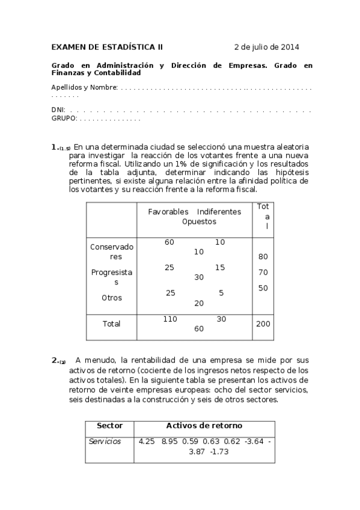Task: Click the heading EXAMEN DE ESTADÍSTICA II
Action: [107, 47]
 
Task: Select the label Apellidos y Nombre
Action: [84, 87]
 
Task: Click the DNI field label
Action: [58, 111]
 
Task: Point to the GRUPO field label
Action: [64, 118]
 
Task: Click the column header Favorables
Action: [168, 212]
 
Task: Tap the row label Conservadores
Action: [112, 251]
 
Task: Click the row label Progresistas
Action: [112, 277]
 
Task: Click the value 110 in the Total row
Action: [170, 319]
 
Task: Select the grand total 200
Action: [263, 324]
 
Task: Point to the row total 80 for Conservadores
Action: [263, 256]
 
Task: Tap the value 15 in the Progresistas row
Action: [220, 267]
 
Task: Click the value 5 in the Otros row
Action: [221, 293]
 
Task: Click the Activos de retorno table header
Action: [204, 425]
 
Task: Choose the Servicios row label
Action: [105, 441]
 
